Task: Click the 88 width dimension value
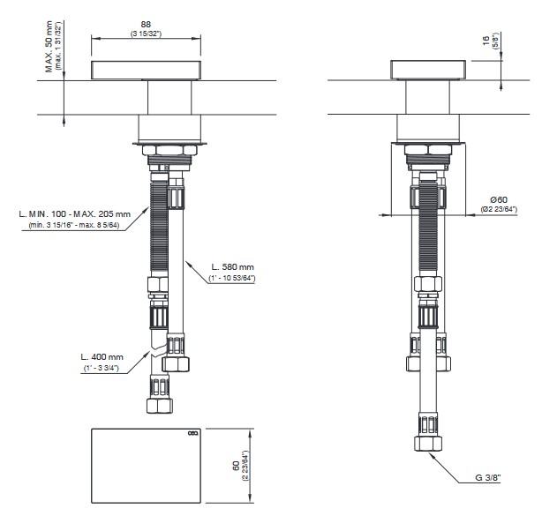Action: tap(146, 24)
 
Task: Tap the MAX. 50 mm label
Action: tap(49, 47)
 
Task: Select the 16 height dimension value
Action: tap(486, 41)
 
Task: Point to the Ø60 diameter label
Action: tap(499, 199)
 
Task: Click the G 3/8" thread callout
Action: tap(488, 478)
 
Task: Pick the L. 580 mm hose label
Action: tap(233, 267)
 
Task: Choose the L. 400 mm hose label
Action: tap(102, 356)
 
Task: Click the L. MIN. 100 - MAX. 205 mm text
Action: tap(75, 214)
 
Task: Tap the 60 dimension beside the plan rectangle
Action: tap(237, 466)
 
